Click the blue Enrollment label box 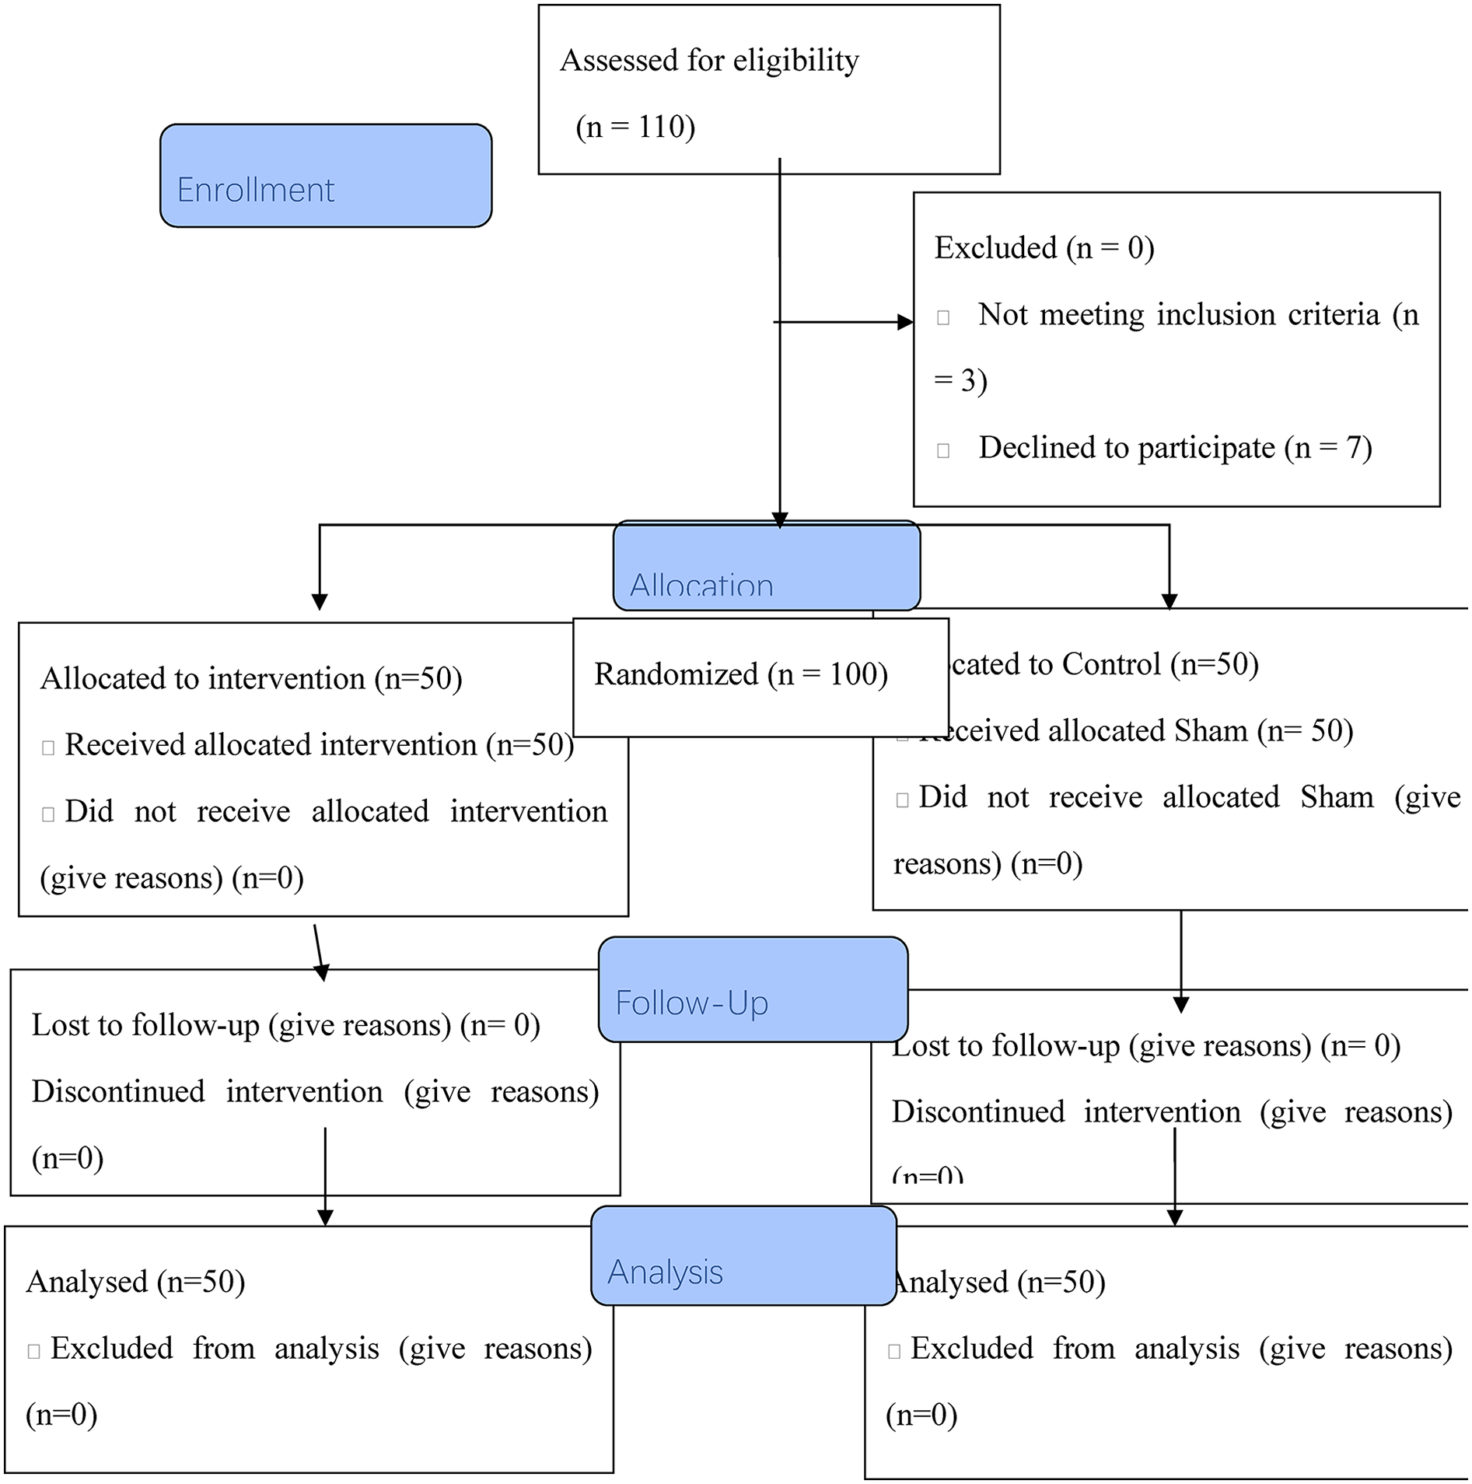[325, 176]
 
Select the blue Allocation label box [766, 565]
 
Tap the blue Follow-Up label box [753, 989]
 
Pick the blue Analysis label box [743, 1256]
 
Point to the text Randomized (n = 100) [740, 674]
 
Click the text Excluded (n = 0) [1044, 248]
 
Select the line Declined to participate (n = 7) [1174, 448]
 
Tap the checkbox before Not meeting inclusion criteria [943, 317]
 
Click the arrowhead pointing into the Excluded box [904, 322]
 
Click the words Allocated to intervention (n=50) [251, 678]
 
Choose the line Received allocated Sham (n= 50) [1135, 731]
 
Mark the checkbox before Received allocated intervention [48, 748]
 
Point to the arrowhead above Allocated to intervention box [320, 602]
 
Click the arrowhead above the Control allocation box [1169, 602]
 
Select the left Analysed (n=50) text [135, 1282]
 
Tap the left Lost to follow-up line [285, 1025]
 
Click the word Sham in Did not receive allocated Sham [1337, 797]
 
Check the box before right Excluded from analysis [894, 1352]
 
